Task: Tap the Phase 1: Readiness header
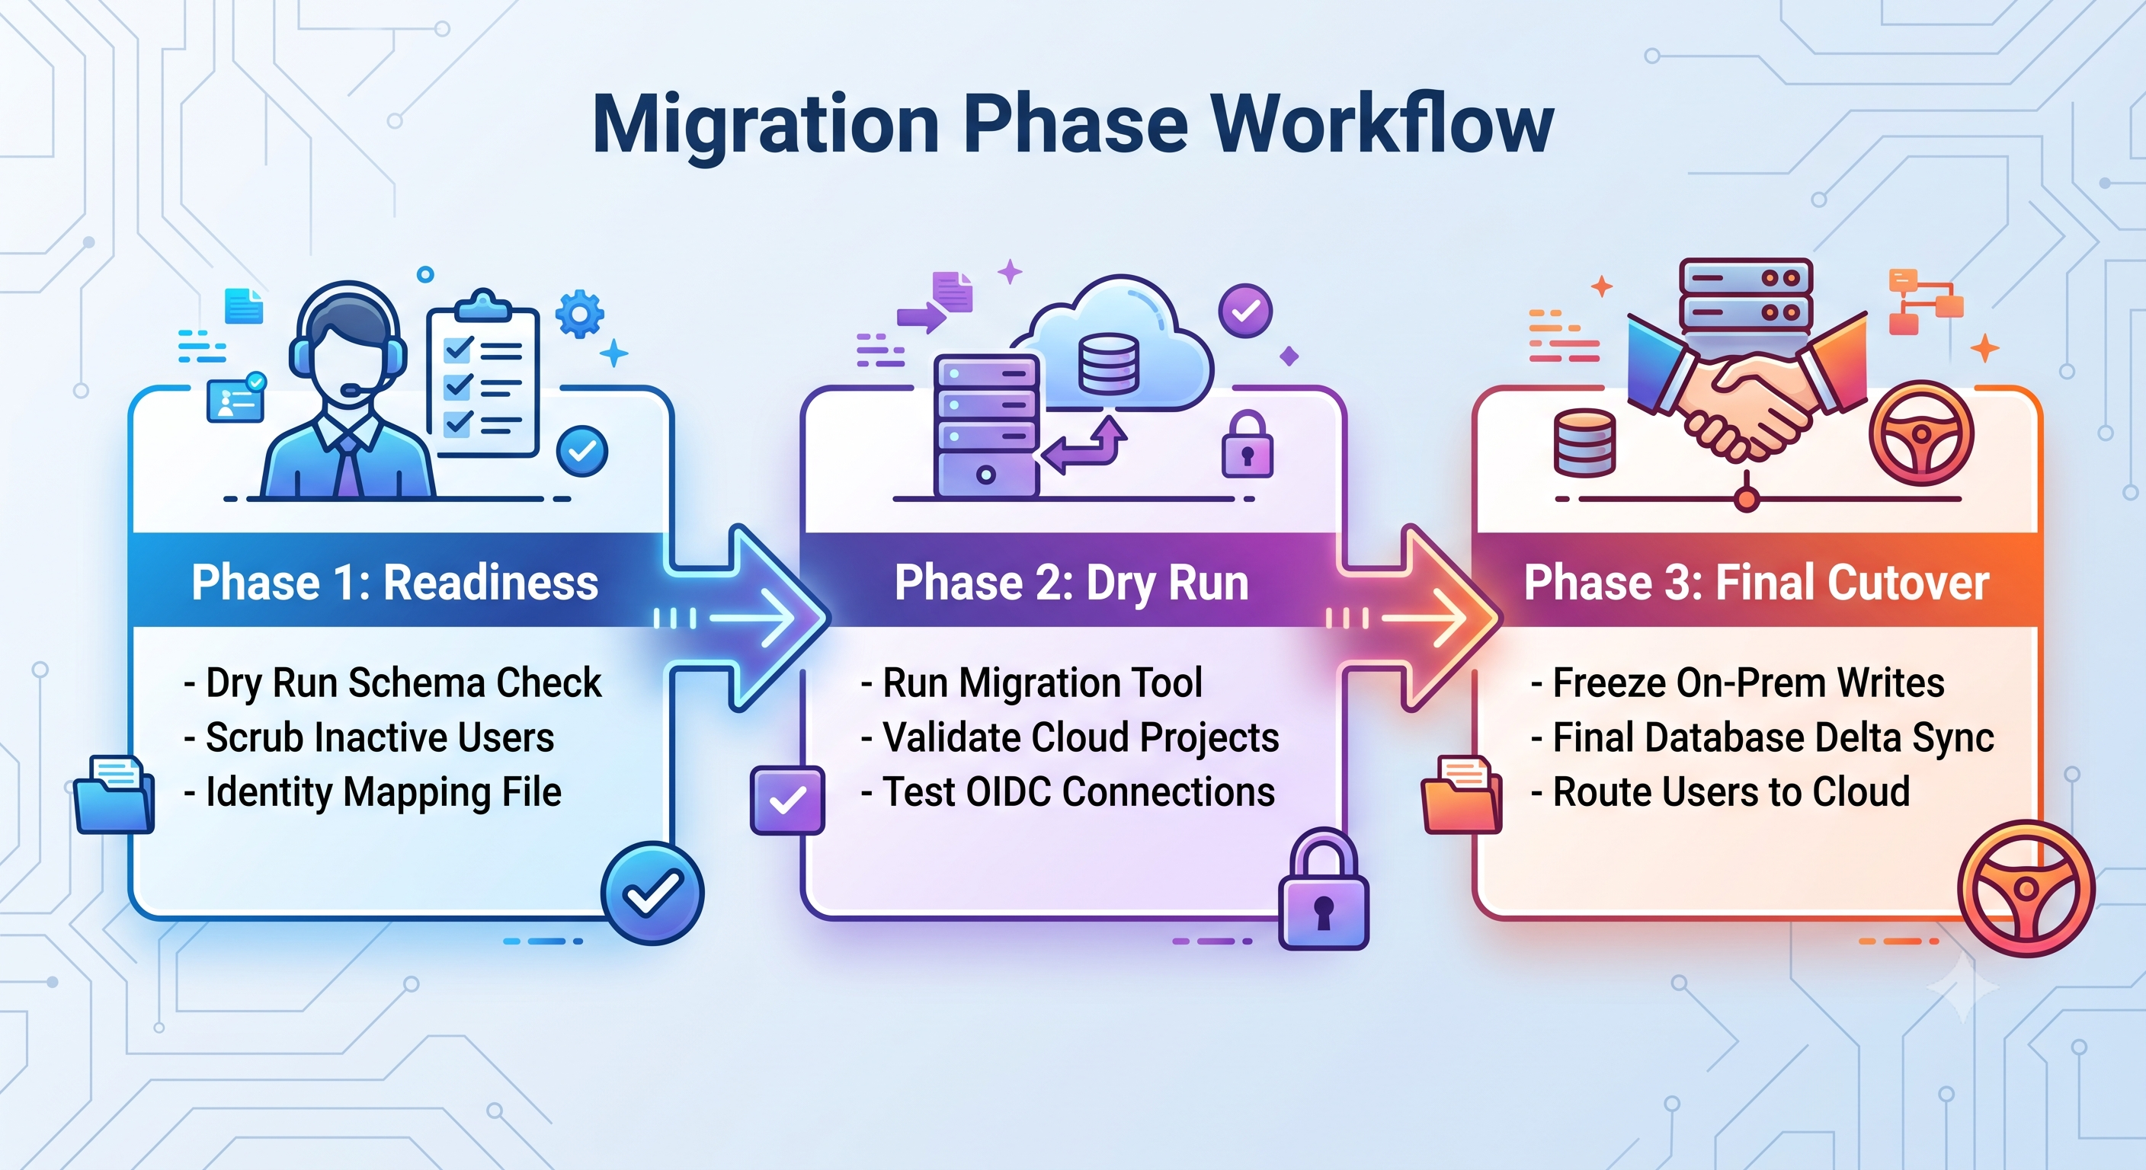tap(395, 582)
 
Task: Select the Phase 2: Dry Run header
tap(1071, 582)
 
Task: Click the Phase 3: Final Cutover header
tap(1756, 582)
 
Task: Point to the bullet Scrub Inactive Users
tap(369, 738)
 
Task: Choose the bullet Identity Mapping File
tap(373, 793)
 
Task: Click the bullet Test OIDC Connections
tap(1068, 792)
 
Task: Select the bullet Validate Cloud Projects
tap(1070, 738)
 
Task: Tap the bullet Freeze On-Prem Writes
tap(1738, 682)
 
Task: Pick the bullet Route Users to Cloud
tap(1720, 792)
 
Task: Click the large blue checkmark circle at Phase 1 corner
tap(652, 893)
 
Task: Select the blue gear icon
tap(580, 313)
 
